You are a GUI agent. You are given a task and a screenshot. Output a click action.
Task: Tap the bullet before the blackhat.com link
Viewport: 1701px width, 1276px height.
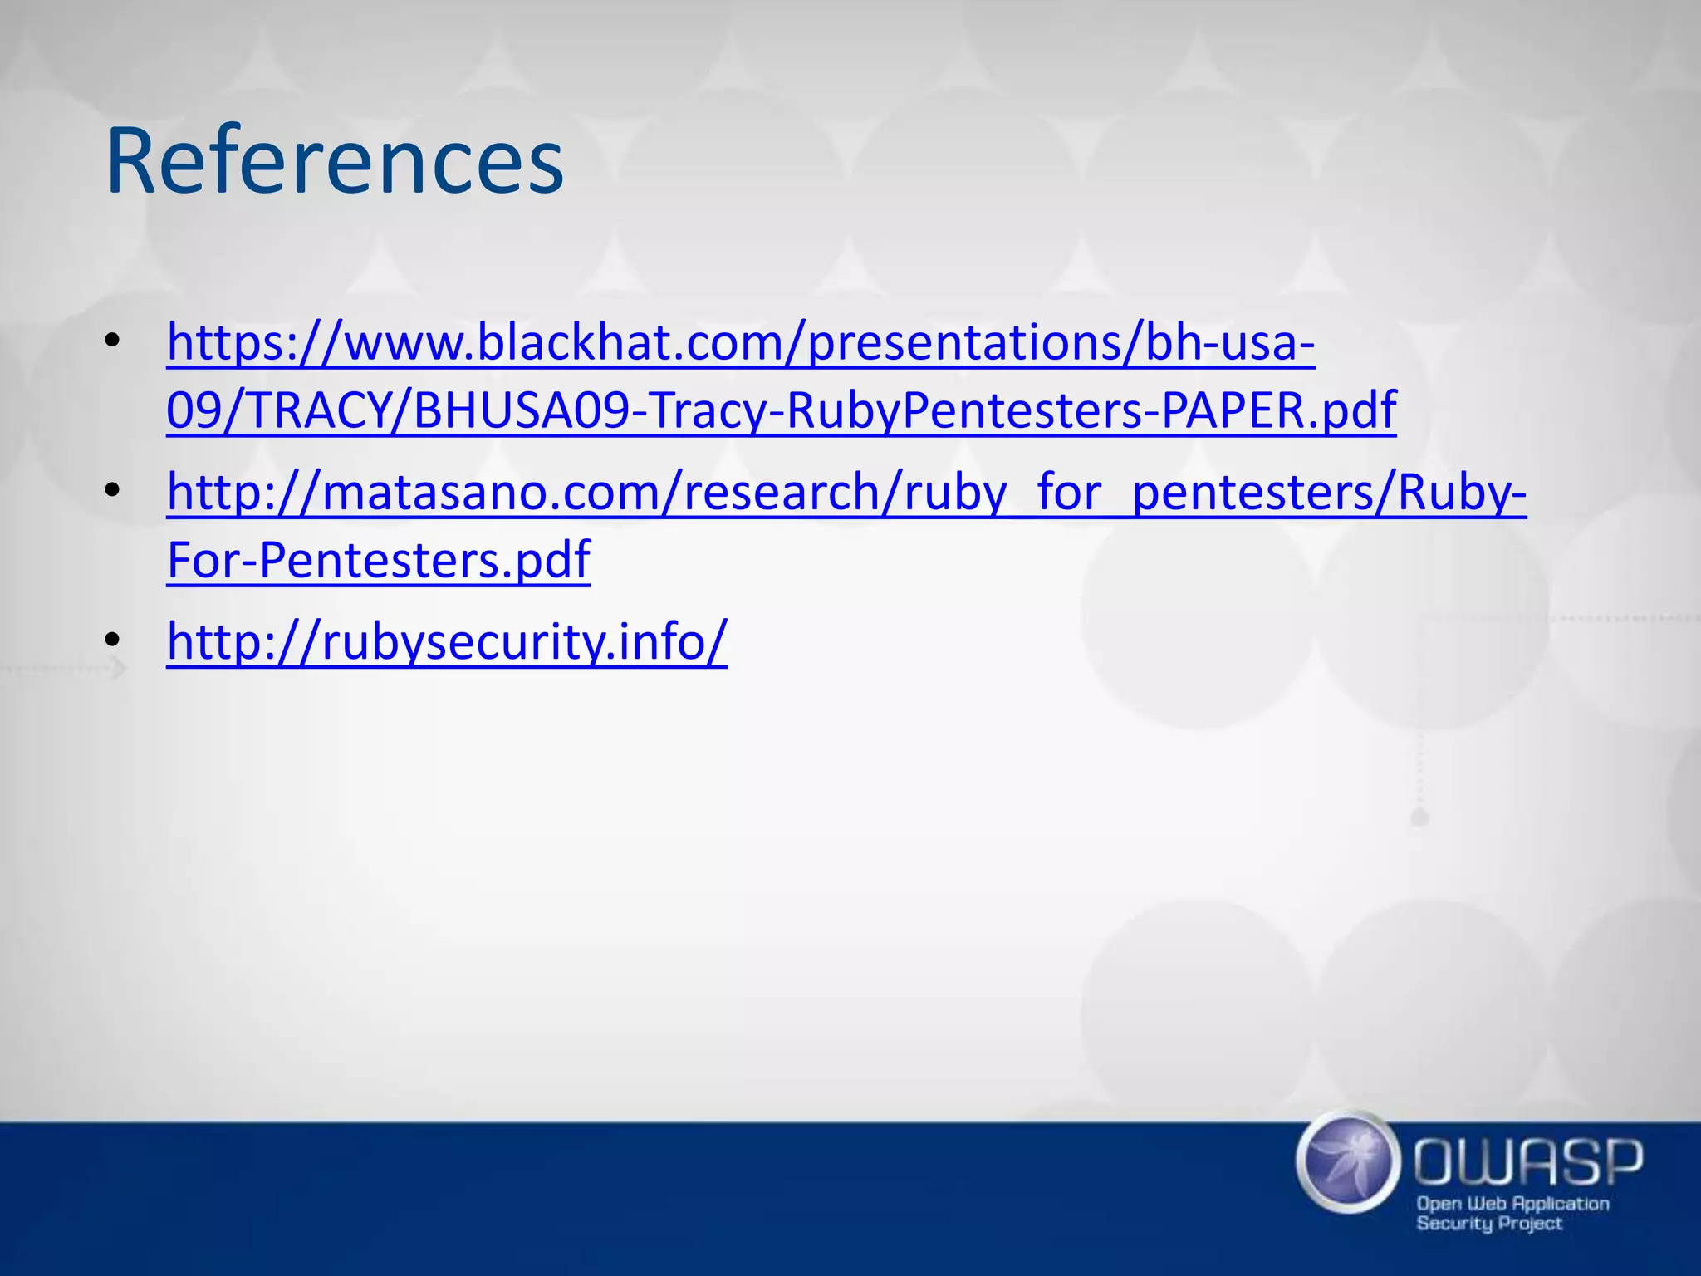click(113, 341)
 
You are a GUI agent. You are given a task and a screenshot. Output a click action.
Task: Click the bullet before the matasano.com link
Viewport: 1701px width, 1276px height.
click(113, 490)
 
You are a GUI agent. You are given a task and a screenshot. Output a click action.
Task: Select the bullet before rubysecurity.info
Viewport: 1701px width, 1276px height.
click(113, 640)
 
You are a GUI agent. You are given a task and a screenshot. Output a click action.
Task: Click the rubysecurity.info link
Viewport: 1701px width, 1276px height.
click(447, 641)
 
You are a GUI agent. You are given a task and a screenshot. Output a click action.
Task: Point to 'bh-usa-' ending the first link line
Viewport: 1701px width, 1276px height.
click(1229, 342)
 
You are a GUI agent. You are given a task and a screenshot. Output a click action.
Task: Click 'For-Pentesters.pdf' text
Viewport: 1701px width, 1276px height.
click(378, 560)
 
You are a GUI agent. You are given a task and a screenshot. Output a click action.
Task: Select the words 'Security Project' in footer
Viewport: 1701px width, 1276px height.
click(1489, 1224)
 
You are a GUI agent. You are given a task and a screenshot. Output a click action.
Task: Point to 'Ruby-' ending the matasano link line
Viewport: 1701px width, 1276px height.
click(1462, 492)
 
